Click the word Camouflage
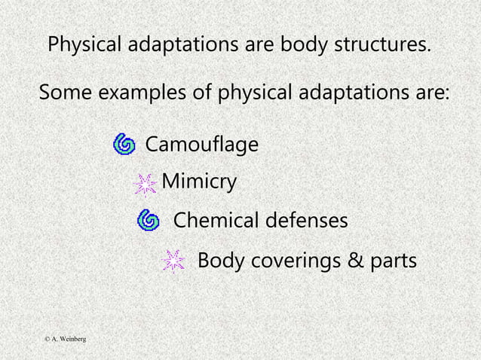tap(201, 144)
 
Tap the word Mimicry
tap(199, 182)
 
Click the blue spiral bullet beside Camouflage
tap(124, 143)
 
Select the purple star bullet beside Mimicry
tap(146, 184)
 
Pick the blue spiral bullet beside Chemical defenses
tap(149, 220)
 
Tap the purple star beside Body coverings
tap(173, 261)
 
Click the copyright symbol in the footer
tap(46, 340)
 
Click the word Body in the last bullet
tap(217, 261)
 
